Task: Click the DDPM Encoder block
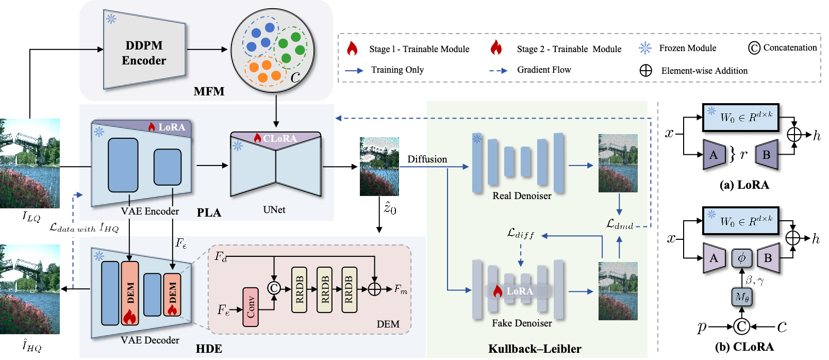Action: click(144, 53)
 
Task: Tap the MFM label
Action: click(209, 91)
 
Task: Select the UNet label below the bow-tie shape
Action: click(274, 209)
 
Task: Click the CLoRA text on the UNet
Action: click(279, 138)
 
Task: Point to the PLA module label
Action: click(209, 212)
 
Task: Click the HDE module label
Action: click(209, 349)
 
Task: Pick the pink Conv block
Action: click(251, 307)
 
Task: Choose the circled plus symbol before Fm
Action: click(374, 289)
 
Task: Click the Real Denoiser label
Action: click(522, 195)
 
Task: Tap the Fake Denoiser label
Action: click(522, 323)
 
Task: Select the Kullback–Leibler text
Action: click(535, 349)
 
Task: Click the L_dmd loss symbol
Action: click(619, 224)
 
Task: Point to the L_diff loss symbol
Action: click(521, 234)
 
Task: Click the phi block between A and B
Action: click(741, 258)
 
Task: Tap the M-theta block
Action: click(742, 297)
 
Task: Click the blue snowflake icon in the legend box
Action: click(645, 48)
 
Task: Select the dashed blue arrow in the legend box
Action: click(498, 71)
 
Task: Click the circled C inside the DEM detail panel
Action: click(274, 288)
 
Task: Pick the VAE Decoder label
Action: click(150, 340)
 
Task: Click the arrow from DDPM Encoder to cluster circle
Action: click(207, 50)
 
